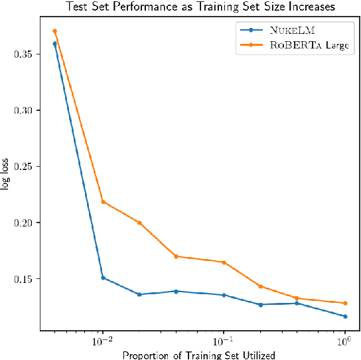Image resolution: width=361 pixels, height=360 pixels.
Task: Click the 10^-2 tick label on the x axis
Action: (x=102, y=340)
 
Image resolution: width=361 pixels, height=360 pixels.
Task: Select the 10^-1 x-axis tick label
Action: (x=224, y=340)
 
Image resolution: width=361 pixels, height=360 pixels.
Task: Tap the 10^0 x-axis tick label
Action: (x=344, y=340)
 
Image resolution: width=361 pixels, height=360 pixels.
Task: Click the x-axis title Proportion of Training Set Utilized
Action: (x=198, y=355)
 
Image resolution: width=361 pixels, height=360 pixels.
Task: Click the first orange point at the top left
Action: (x=54, y=31)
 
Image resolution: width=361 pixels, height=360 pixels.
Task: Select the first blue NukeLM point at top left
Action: (x=54, y=44)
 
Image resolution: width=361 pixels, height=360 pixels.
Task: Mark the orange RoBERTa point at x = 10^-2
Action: (x=103, y=201)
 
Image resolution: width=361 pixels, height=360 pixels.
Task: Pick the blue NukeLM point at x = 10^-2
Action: (x=103, y=278)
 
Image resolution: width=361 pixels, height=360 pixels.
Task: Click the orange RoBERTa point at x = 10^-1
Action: (x=224, y=262)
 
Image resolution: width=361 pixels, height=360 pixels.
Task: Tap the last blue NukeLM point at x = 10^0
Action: (x=345, y=316)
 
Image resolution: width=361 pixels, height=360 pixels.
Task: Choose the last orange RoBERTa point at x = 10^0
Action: (x=345, y=303)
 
